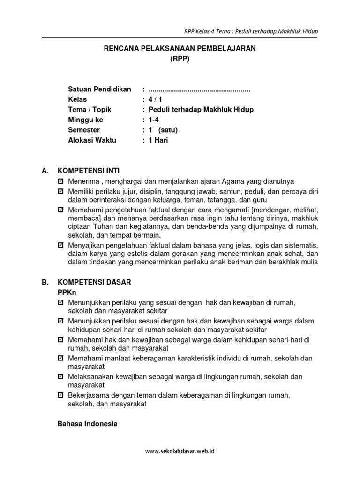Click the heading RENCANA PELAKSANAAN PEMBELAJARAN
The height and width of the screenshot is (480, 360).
180,49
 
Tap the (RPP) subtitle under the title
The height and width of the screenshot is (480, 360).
180,59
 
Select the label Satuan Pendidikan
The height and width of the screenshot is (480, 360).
99,89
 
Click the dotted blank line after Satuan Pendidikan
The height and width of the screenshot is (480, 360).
199,90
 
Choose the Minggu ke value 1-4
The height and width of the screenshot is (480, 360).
154,120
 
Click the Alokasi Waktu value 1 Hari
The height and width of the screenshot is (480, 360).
158,140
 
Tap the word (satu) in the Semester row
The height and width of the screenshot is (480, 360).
168,130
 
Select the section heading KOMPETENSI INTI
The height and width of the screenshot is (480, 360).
91,171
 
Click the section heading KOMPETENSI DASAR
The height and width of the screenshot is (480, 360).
94,282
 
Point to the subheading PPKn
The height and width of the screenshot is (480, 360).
67,292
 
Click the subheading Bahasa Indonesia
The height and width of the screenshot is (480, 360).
87,424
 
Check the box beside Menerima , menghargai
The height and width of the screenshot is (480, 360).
60,181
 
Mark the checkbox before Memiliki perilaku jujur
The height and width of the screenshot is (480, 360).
60,191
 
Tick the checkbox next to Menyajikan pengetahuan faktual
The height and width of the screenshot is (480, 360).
60,245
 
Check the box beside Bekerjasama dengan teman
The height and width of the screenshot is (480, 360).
60,396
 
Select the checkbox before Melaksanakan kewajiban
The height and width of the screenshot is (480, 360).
60,377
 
